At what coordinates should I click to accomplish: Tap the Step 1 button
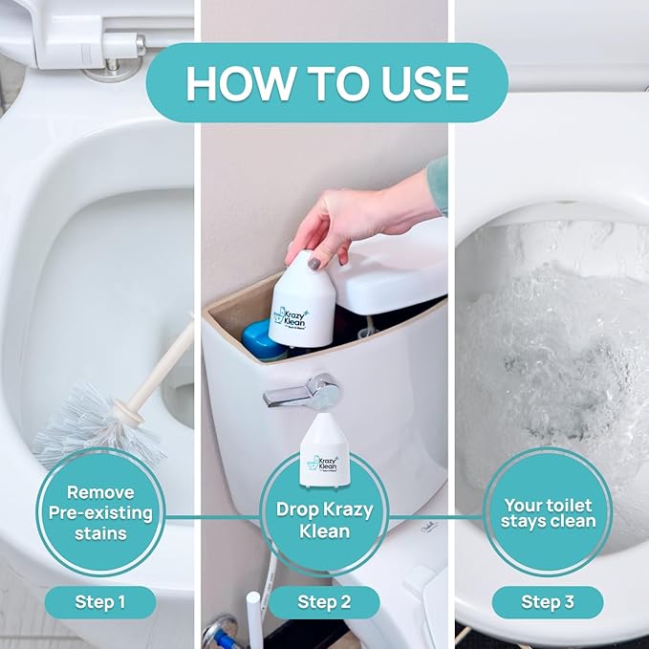tap(100, 602)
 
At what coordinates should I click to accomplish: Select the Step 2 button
tap(324, 602)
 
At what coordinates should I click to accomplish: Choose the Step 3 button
tap(548, 602)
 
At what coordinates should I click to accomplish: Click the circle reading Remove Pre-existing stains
tap(100, 512)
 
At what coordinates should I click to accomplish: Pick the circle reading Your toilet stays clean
tap(548, 512)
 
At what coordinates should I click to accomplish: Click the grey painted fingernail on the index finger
tap(314, 261)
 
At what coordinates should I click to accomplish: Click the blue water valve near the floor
tap(217, 636)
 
